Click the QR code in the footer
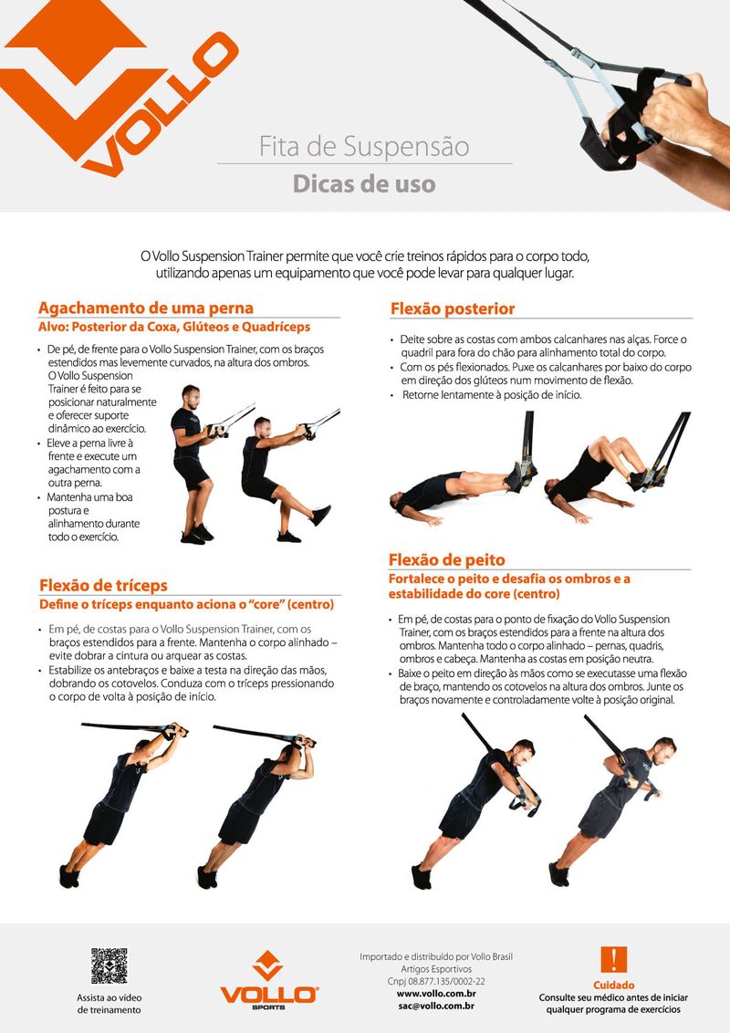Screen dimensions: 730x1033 [x=109, y=965]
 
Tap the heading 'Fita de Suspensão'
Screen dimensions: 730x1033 [x=364, y=146]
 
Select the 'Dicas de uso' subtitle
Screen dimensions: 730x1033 [x=364, y=183]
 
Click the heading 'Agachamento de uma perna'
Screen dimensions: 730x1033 [x=146, y=308]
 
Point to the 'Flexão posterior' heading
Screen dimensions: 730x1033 [x=453, y=308]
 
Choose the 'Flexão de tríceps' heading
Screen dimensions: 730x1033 [x=103, y=585]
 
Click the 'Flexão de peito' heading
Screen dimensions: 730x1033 [x=447, y=560]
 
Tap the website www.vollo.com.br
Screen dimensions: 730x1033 [x=436, y=994]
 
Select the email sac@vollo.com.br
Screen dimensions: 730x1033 [x=436, y=1006]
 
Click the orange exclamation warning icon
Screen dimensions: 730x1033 [x=613, y=960]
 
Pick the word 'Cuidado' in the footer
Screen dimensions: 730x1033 [x=613, y=985]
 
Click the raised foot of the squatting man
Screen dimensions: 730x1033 [x=321, y=515]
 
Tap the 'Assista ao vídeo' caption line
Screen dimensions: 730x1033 [x=109, y=997]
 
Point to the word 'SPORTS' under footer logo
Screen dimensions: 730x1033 [x=268, y=1007]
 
